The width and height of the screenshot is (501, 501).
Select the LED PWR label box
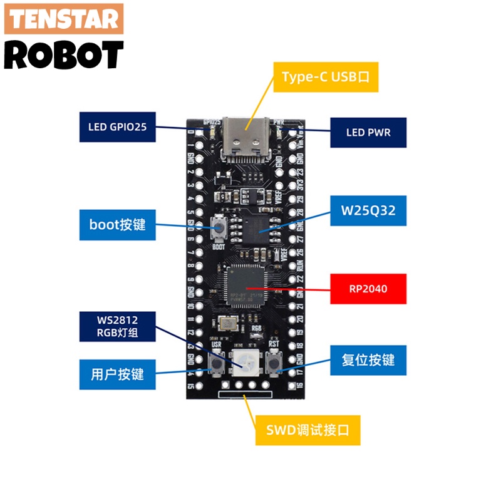(368, 132)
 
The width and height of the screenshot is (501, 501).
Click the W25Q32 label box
(368, 210)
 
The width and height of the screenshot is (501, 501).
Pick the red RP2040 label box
(368, 289)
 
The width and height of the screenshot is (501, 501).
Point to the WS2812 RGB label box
(117, 327)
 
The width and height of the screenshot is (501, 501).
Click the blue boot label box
(117, 224)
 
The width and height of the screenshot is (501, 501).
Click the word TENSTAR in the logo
(64, 19)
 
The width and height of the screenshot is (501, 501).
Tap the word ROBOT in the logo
(64, 55)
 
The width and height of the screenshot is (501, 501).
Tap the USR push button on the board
(217, 362)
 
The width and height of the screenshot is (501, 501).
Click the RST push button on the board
(274, 362)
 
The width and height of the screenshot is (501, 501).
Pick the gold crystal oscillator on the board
(228, 324)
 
